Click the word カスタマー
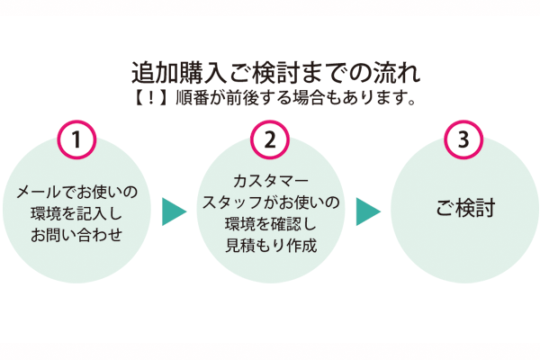[x=270, y=180]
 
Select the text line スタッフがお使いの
[x=270, y=202]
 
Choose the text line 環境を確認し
[x=270, y=223]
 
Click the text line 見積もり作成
[x=270, y=245]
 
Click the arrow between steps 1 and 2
[x=174, y=211]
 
